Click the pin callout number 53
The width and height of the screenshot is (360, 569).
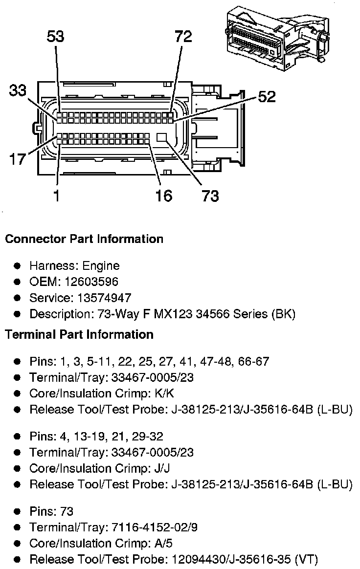[55, 37]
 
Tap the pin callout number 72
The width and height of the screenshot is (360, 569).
[183, 37]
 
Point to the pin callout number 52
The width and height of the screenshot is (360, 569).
[267, 96]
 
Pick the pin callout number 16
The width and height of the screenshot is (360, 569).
[163, 196]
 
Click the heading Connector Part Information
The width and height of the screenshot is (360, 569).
[84, 239]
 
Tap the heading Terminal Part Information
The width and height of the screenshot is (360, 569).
[79, 334]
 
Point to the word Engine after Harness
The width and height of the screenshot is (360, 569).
[101, 266]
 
